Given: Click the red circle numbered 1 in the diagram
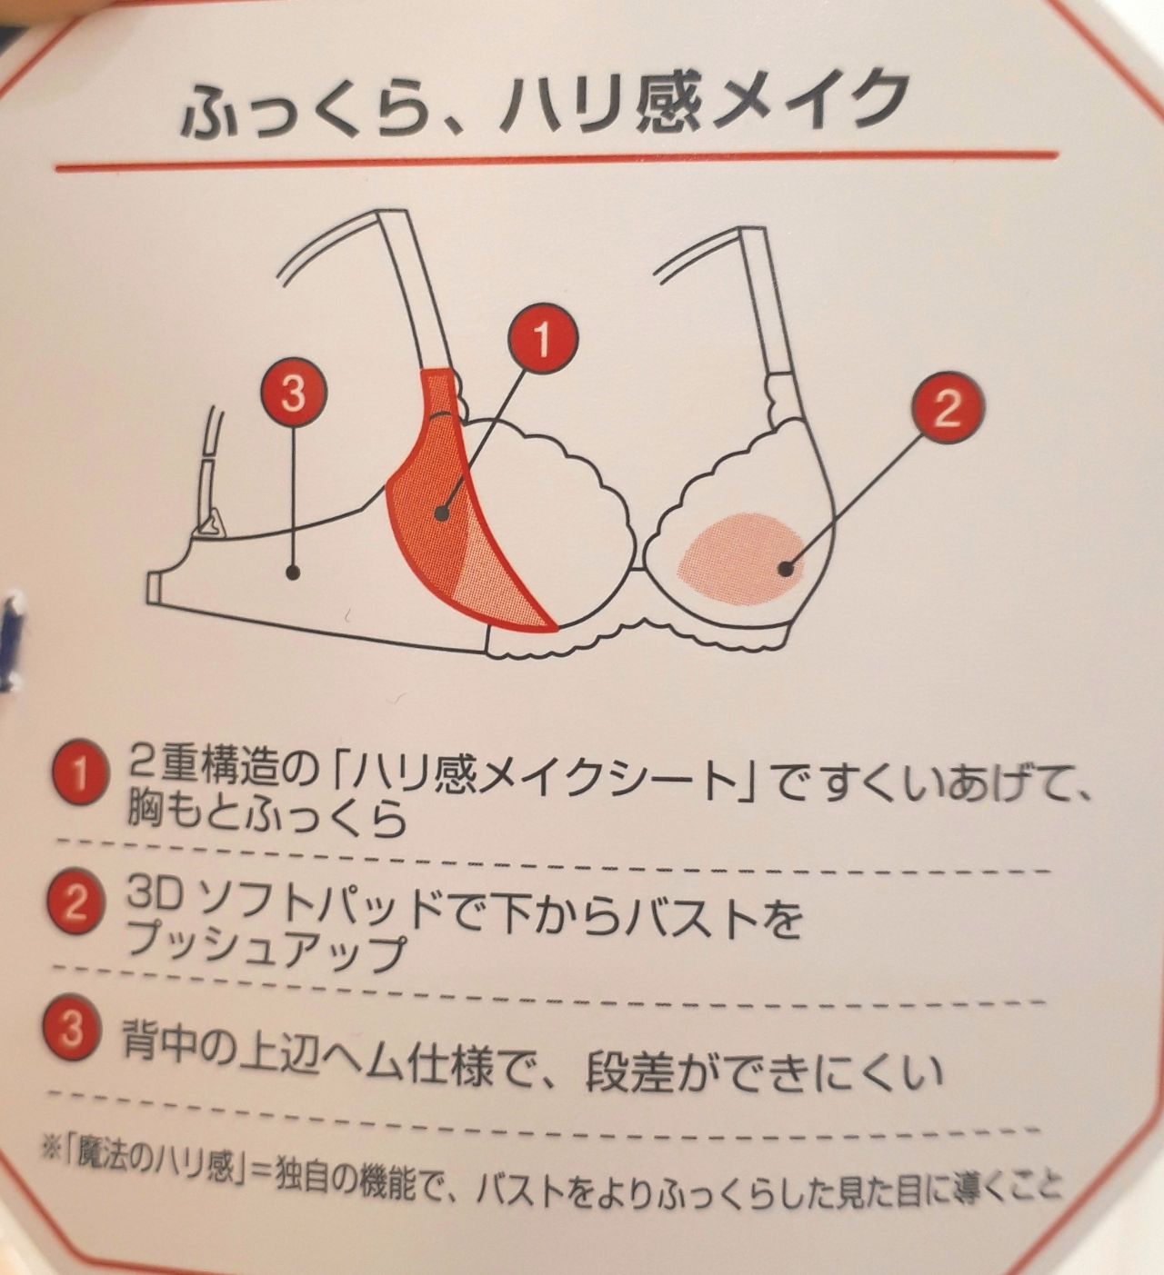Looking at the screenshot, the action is coord(543,339).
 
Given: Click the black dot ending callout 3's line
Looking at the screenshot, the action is coord(293,573).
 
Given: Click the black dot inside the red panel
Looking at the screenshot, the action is coord(441,512).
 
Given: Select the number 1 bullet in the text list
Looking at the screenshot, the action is coord(78,776).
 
